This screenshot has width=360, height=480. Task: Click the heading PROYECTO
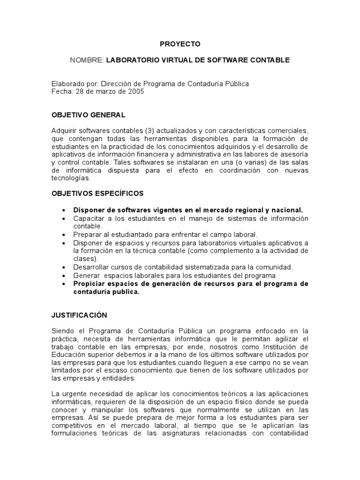180,44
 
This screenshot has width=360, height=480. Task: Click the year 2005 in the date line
135,91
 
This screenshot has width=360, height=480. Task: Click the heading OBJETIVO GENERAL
88,115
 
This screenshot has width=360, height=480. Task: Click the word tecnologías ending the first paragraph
70,178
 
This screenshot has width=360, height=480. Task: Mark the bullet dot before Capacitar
63,218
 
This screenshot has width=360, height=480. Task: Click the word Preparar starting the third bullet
86,234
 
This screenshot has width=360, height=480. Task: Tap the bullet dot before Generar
63,276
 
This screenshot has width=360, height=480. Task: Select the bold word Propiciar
89,284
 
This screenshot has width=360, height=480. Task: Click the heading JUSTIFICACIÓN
79,315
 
